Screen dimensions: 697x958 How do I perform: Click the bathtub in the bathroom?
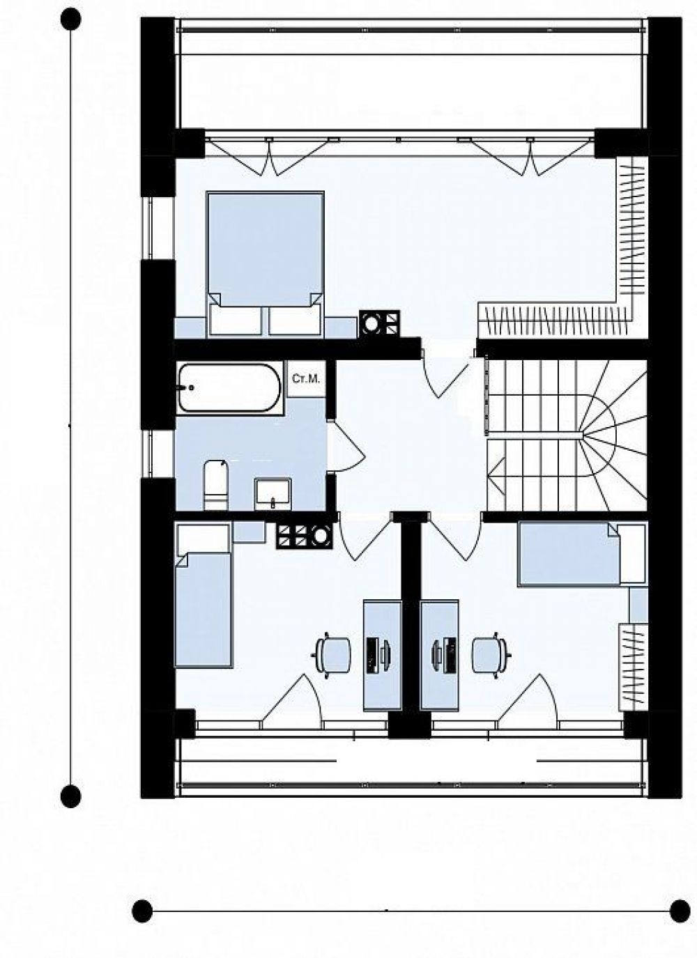tap(230, 387)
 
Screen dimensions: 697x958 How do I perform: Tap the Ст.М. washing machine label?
tap(306, 378)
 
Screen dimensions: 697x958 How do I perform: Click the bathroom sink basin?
tap(273, 494)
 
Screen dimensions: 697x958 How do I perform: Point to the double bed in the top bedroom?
tap(265, 263)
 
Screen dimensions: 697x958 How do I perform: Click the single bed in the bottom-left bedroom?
tap(204, 595)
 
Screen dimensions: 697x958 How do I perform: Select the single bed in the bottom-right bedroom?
tap(582, 555)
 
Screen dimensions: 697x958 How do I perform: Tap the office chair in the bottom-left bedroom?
tap(333, 655)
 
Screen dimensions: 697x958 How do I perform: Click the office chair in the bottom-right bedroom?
tap(490, 655)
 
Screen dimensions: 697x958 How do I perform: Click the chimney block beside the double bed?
tap(380, 324)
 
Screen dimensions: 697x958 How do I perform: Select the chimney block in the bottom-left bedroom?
tap(304, 536)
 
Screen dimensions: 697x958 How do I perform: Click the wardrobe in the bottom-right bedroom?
tap(634, 667)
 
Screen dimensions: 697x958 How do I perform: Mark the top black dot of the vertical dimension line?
tap(70, 20)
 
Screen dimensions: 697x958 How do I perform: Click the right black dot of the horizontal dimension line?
tap(680, 908)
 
